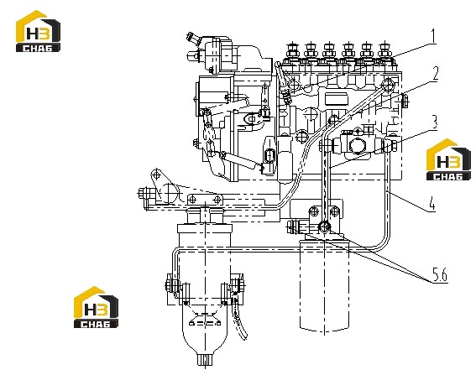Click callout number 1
433,36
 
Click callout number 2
436,74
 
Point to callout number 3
435,122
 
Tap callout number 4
432,203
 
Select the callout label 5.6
440,275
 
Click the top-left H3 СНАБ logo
38,31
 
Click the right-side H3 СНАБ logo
448,159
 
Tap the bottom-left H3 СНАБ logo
96,307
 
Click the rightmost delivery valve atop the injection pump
385,51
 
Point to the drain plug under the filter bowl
205,360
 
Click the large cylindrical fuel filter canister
324,285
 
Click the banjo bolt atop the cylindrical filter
324,227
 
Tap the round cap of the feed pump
356,146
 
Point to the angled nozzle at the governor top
193,39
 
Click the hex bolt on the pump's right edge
405,101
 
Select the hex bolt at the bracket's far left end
144,194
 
